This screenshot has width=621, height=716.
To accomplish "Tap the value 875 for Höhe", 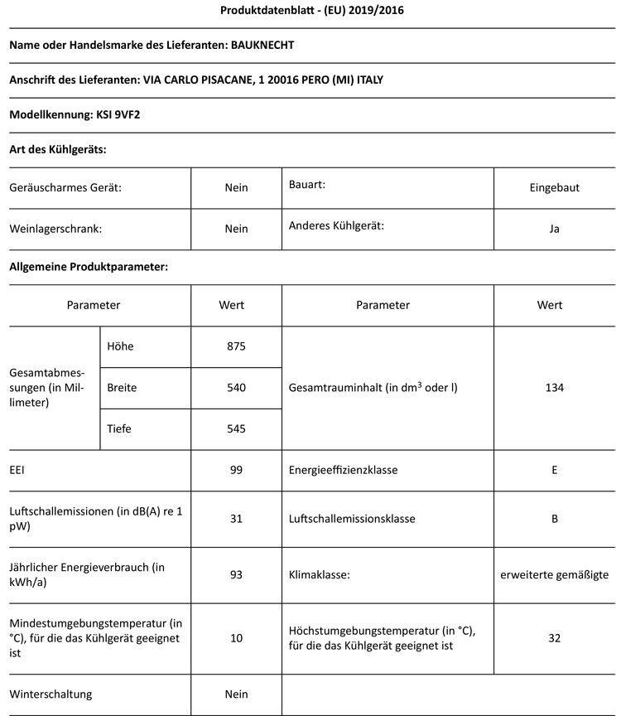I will click(236, 346).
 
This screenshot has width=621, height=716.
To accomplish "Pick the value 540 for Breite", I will click(236, 387).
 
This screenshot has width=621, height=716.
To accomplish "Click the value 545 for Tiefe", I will click(236, 428).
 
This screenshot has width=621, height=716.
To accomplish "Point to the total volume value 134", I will click(554, 387).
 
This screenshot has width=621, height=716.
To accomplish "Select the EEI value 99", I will click(236, 470).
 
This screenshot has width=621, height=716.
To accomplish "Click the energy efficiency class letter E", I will click(554, 470).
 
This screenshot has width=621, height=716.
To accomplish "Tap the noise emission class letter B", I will click(554, 519).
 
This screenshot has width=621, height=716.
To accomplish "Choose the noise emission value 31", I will click(236, 519).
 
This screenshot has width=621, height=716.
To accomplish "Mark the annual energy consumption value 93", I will click(236, 573).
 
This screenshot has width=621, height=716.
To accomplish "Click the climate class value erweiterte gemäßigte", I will click(554, 573).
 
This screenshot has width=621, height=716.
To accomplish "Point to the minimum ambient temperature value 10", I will click(236, 637).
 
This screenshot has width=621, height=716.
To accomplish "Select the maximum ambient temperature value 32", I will click(554, 637).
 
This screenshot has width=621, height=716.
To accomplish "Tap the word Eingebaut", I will click(554, 187).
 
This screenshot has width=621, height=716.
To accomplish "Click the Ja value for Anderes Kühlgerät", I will click(554, 229).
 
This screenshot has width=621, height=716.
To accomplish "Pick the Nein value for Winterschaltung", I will click(236, 694).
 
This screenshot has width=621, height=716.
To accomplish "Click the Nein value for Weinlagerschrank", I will click(236, 229).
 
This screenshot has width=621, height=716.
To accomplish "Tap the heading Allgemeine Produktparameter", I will click(89, 267).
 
